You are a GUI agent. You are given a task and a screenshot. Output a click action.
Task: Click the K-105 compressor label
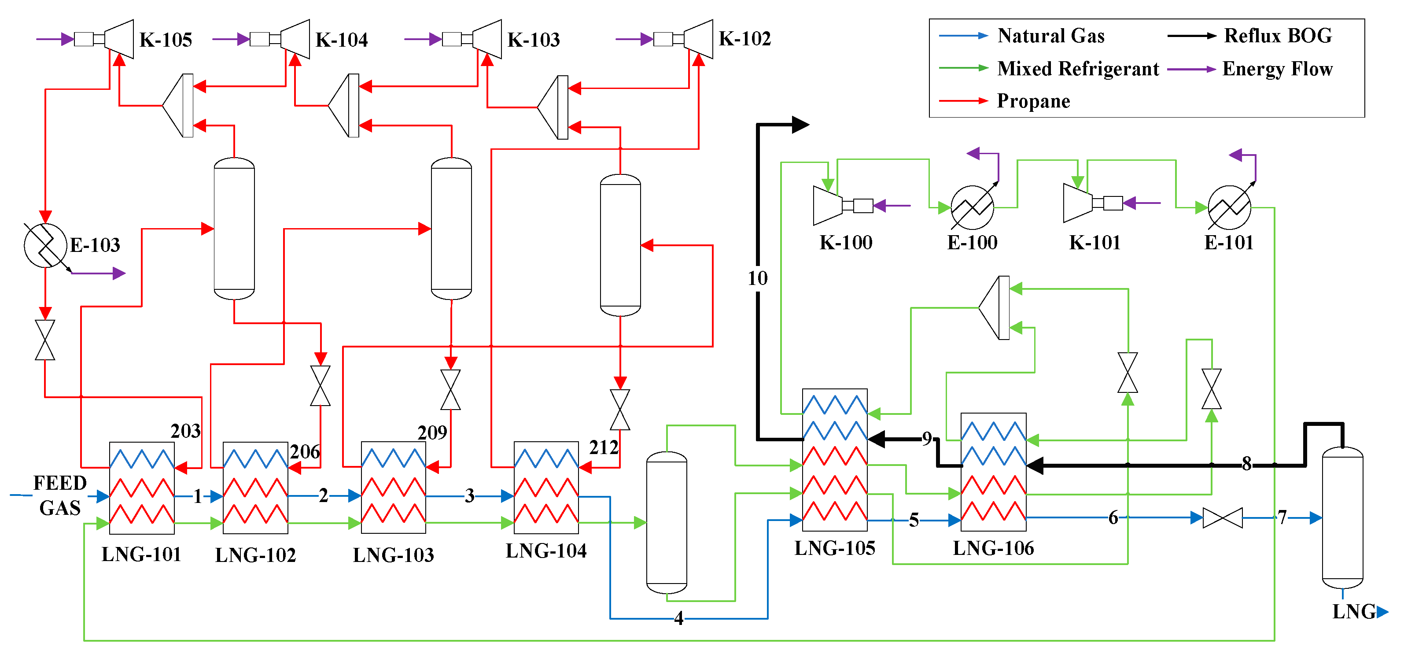[x=166, y=40]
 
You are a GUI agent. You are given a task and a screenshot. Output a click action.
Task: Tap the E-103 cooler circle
[x=45, y=245]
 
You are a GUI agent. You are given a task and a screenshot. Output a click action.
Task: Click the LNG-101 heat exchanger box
[x=142, y=488]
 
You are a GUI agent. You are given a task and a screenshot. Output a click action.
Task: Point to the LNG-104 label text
[x=546, y=551]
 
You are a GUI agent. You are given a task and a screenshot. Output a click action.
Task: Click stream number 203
[x=185, y=431]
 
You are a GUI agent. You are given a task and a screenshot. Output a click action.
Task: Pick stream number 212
[x=604, y=447]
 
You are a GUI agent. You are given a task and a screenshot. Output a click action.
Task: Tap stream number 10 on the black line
[x=757, y=278]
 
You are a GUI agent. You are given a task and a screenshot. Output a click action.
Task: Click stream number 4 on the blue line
[x=678, y=618]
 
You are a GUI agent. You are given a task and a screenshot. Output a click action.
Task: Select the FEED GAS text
[x=59, y=495]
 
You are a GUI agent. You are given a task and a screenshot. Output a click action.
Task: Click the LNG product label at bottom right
[x=1354, y=611]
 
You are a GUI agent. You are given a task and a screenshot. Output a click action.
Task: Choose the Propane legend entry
[x=1033, y=101]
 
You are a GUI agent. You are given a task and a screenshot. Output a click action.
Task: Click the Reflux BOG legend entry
[x=1277, y=36]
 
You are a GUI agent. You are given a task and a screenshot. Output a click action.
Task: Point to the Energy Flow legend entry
[x=1277, y=69]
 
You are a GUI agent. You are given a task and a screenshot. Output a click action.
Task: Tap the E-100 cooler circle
[x=973, y=207]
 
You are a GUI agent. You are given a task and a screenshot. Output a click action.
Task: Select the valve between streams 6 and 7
[x=1223, y=518]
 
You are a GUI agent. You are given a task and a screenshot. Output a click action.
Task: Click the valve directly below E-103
[x=45, y=340]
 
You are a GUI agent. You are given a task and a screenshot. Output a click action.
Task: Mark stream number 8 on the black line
[x=1246, y=464]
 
